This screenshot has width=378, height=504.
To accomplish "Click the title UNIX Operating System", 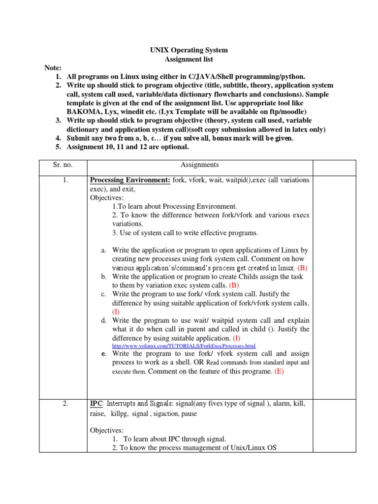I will click(189, 50).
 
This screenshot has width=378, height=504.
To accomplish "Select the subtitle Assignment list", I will click(189, 59).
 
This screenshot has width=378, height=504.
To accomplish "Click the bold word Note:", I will click(53, 68).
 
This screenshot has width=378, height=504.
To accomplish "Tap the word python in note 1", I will click(293, 77).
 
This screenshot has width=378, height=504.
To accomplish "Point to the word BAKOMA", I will click(83, 112).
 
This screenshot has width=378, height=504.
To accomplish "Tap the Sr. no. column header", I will click(63, 165).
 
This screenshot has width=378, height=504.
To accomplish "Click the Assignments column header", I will click(199, 165).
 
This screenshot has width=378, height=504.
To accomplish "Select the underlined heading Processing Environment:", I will click(130, 180).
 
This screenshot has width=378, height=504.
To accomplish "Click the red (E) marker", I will click(280, 372).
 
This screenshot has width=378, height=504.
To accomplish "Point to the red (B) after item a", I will click(302, 268).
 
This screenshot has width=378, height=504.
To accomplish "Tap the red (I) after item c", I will click(116, 312).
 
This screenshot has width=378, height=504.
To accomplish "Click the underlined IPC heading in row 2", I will click(96, 404).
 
